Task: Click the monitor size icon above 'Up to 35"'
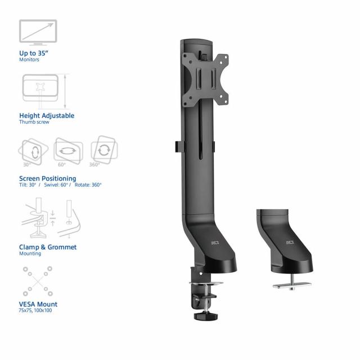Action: (38, 31)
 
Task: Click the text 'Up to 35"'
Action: (35, 53)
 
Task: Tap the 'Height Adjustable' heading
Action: (47, 116)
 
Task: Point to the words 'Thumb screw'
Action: (34, 122)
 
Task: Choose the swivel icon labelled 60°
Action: (68, 150)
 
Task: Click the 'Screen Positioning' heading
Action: (48, 179)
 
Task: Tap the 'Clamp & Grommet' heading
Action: (48, 247)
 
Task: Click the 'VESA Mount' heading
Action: (38, 304)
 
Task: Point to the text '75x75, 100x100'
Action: (35, 310)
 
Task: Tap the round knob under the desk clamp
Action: (202, 316)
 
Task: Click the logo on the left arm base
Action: (215, 243)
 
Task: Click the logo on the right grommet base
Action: (290, 243)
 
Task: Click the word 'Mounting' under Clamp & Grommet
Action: (30, 254)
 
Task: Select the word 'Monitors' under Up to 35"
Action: (30, 59)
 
